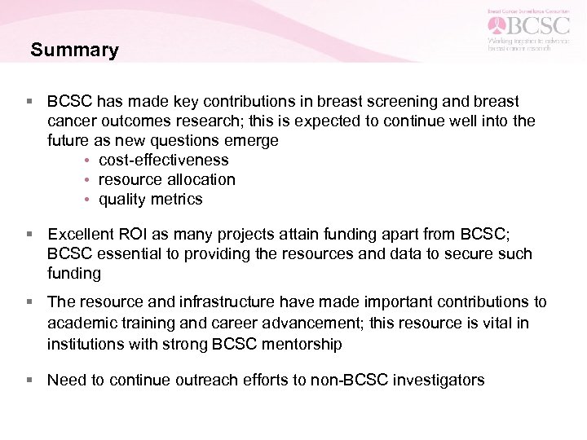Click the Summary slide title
pos(74,51)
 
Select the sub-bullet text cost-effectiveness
pos(163,160)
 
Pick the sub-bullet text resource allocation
pos(166,179)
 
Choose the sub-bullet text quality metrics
pos(150,199)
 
